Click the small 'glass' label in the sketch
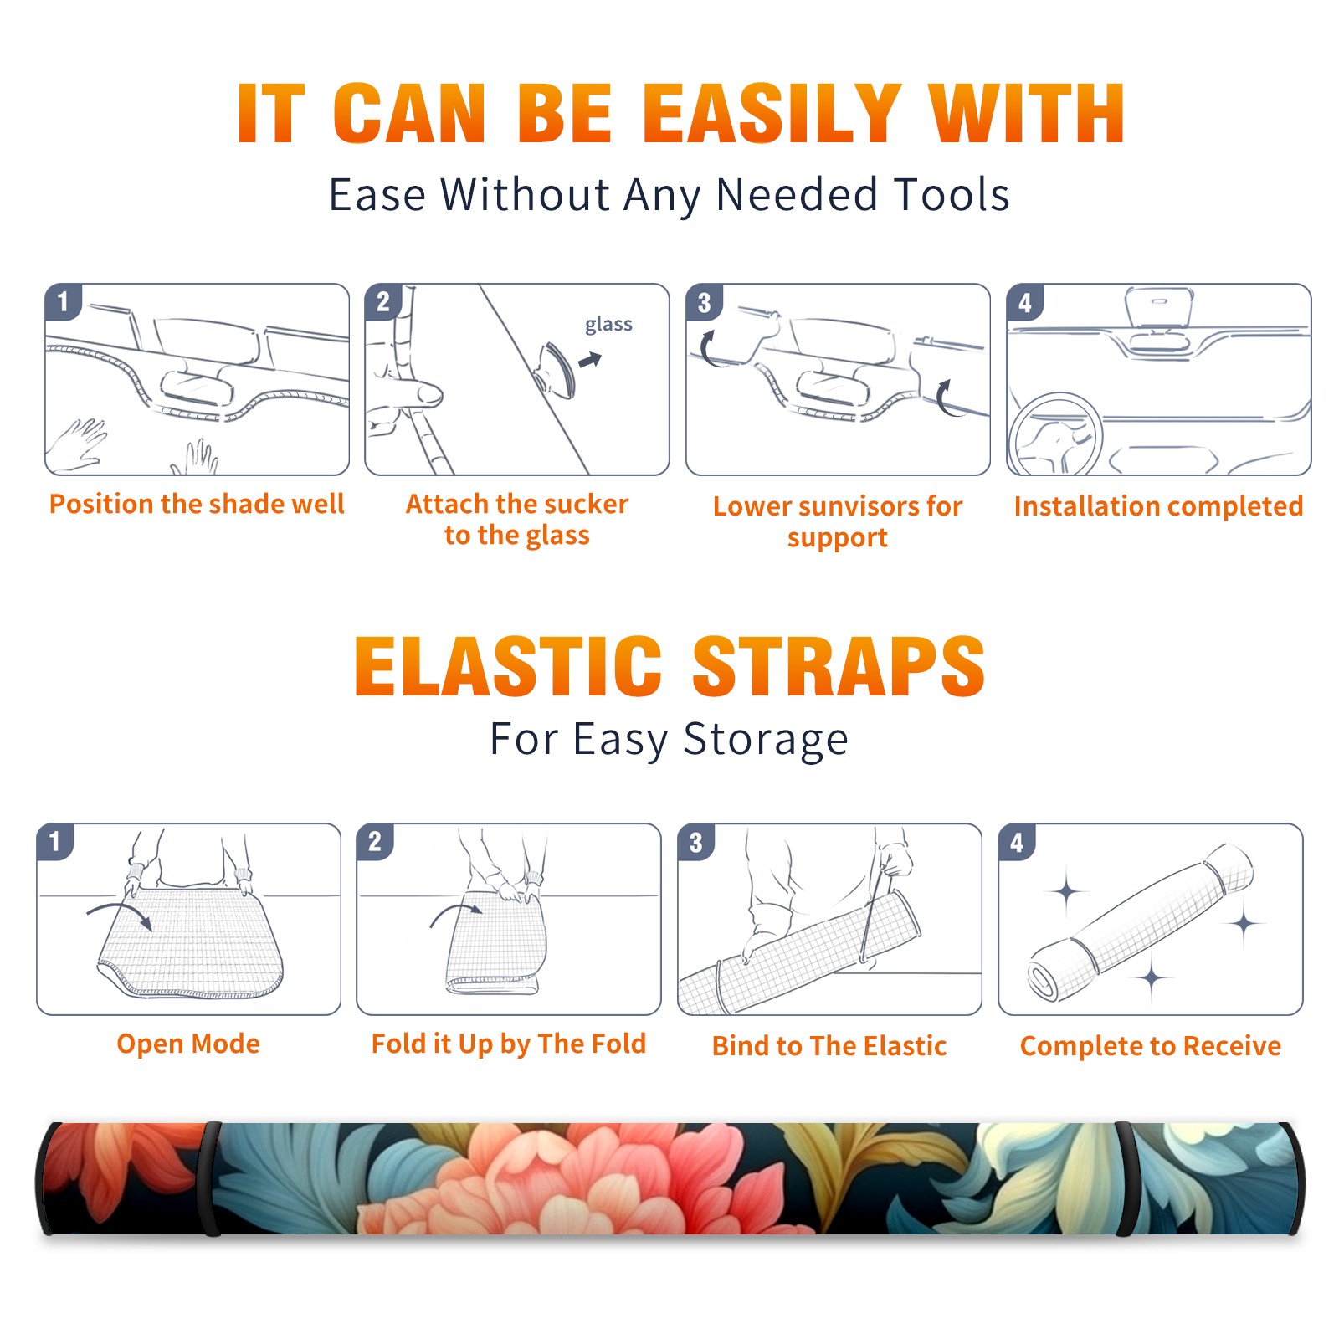(608, 324)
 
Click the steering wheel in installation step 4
(1055, 436)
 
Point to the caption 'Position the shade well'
(197, 504)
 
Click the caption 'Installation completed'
(1158, 506)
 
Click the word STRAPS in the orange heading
(839, 666)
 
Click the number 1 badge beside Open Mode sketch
(55, 842)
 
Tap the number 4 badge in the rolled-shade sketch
(1017, 842)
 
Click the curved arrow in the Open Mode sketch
(120, 914)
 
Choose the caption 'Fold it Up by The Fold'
(509, 1044)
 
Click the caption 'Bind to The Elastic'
(829, 1046)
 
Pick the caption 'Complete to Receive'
(1151, 1046)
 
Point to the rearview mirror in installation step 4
(1159, 309)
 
